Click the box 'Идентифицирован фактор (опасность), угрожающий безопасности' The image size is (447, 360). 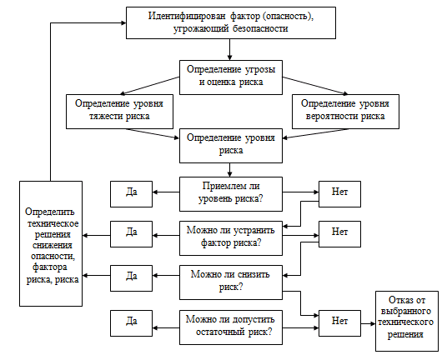[x=231, y=22]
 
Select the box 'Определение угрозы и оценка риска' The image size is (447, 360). [x=231, y=77]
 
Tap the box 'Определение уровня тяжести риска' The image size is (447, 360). [x=119, y=112]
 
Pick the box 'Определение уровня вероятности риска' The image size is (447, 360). [x=345, y=112]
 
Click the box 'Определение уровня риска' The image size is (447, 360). [x=231, y=146]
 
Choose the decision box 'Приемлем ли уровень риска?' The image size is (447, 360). [x=231, y=194]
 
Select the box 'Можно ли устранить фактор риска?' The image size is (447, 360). [x=231, y=238]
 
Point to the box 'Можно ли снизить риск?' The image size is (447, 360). [x=231, y=282]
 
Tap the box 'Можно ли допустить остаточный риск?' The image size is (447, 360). [x=231, y=327]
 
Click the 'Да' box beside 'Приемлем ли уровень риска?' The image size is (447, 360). [x=132, y=194]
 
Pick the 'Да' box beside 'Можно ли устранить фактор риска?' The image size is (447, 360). [x=132, y=234]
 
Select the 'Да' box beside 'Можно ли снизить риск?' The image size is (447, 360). [x=132, y=278]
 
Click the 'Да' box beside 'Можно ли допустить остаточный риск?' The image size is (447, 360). [x=132, y=323]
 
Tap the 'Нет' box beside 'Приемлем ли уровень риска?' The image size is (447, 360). [x=339, y=194]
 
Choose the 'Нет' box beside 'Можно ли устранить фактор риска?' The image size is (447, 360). [x=339, y=234]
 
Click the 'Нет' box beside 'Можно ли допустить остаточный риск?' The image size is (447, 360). [x=339, y=323]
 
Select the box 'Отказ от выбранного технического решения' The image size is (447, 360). [x=407, y=321]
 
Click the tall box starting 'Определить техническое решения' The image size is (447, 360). [x=51, y=244]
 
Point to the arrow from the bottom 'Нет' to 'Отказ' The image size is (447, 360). [x=368, y=324]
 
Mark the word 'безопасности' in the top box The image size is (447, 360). [x=260, y=28]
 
